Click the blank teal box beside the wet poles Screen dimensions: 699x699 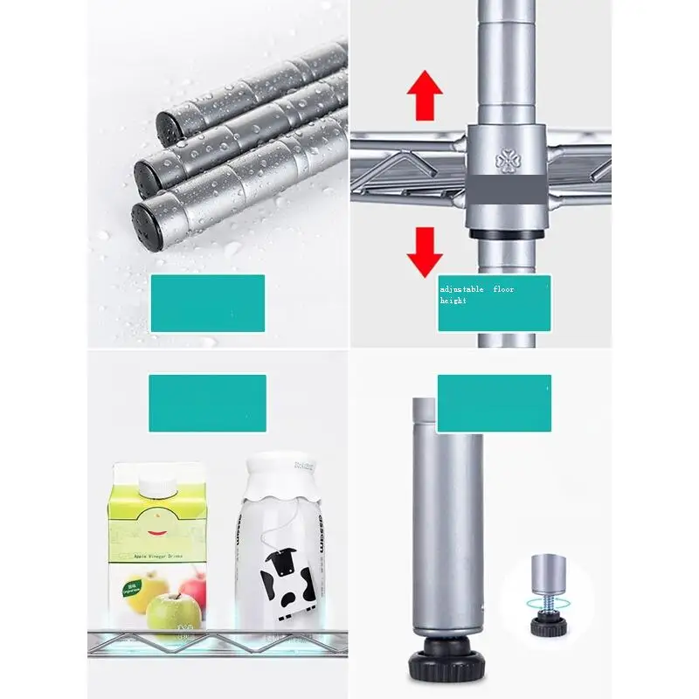(207, 303)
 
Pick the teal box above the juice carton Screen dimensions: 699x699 (207, 403)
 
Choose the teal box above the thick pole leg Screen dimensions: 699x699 (494, 403)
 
